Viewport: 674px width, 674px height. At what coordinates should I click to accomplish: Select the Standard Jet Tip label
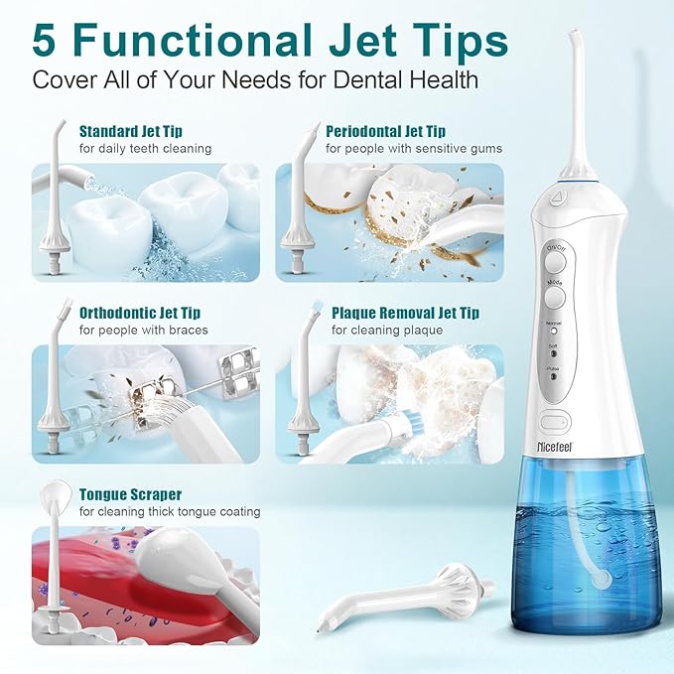point(131,131)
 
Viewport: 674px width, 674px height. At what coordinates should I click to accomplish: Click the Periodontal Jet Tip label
point(386,131)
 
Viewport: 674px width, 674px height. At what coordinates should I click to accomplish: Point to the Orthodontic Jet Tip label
point(143,313)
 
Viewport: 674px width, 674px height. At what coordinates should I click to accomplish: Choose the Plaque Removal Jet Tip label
point(405,313)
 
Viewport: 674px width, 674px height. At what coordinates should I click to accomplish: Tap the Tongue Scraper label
point(131,494)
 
